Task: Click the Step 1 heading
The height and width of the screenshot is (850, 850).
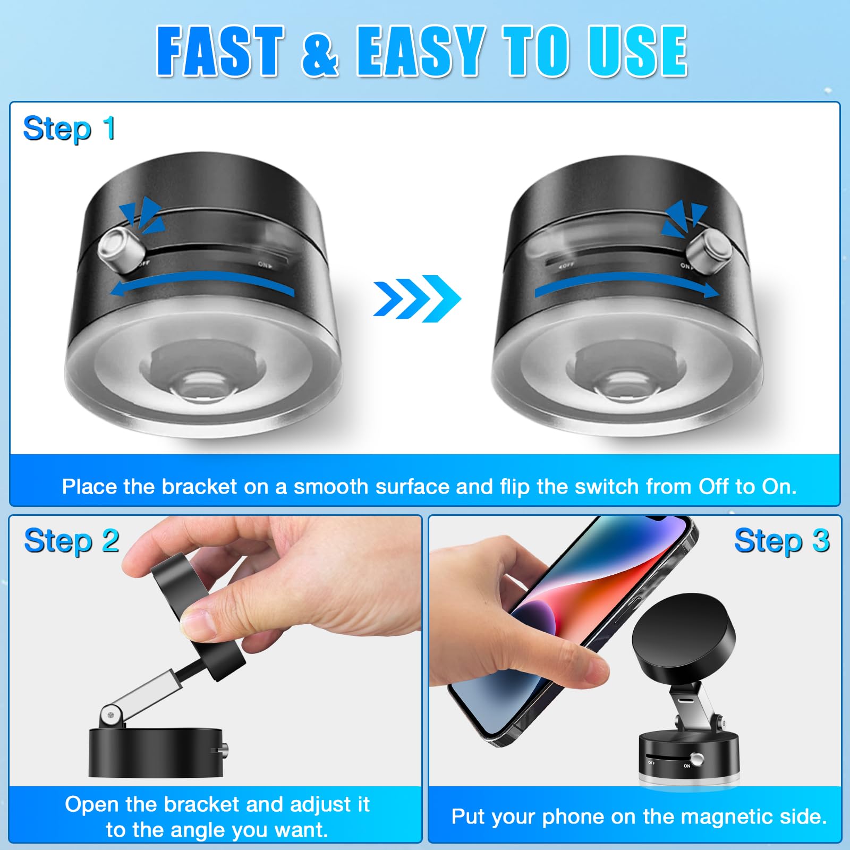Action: [x=69, y=129]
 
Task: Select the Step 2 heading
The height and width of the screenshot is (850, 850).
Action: [x=71, y=541]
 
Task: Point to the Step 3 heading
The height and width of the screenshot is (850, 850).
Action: [x=781, y=541]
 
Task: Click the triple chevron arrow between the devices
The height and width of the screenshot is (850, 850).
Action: [x=416, y=298]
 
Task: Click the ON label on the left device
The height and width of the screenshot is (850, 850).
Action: [x=265, y=264]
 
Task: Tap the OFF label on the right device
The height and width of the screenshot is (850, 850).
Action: [x=566, y=264]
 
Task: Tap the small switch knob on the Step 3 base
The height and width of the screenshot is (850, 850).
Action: [x=698, y=759]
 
